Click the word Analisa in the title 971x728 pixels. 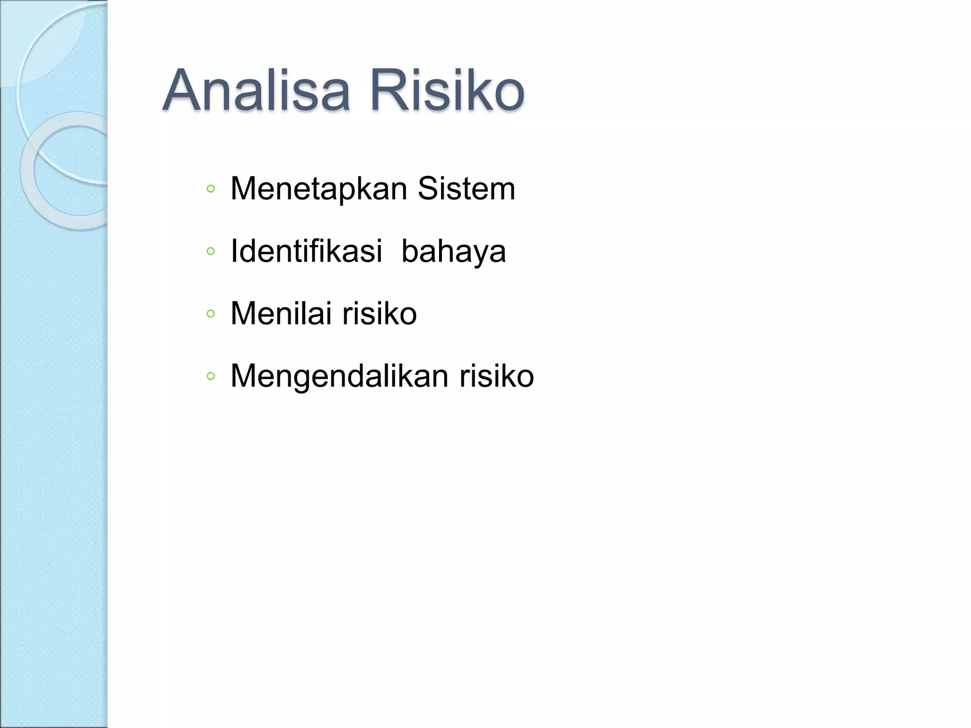tap(256, 90)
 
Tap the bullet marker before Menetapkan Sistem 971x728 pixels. tap(211, 189)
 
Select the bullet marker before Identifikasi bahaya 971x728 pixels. tap(211, 251)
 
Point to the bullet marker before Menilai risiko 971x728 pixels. tap(211, 313)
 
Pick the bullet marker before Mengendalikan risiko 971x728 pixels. tap(211, 376)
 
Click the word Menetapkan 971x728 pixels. tap(319, 189)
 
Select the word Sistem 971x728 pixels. tap(466, 189)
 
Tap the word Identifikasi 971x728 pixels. tap(306, 251)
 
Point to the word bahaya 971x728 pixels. tap(453, 252)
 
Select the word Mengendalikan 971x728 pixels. tap(339, 376)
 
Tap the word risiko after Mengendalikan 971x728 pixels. tap(496, 376)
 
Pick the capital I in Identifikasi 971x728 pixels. tap(234, 251)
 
